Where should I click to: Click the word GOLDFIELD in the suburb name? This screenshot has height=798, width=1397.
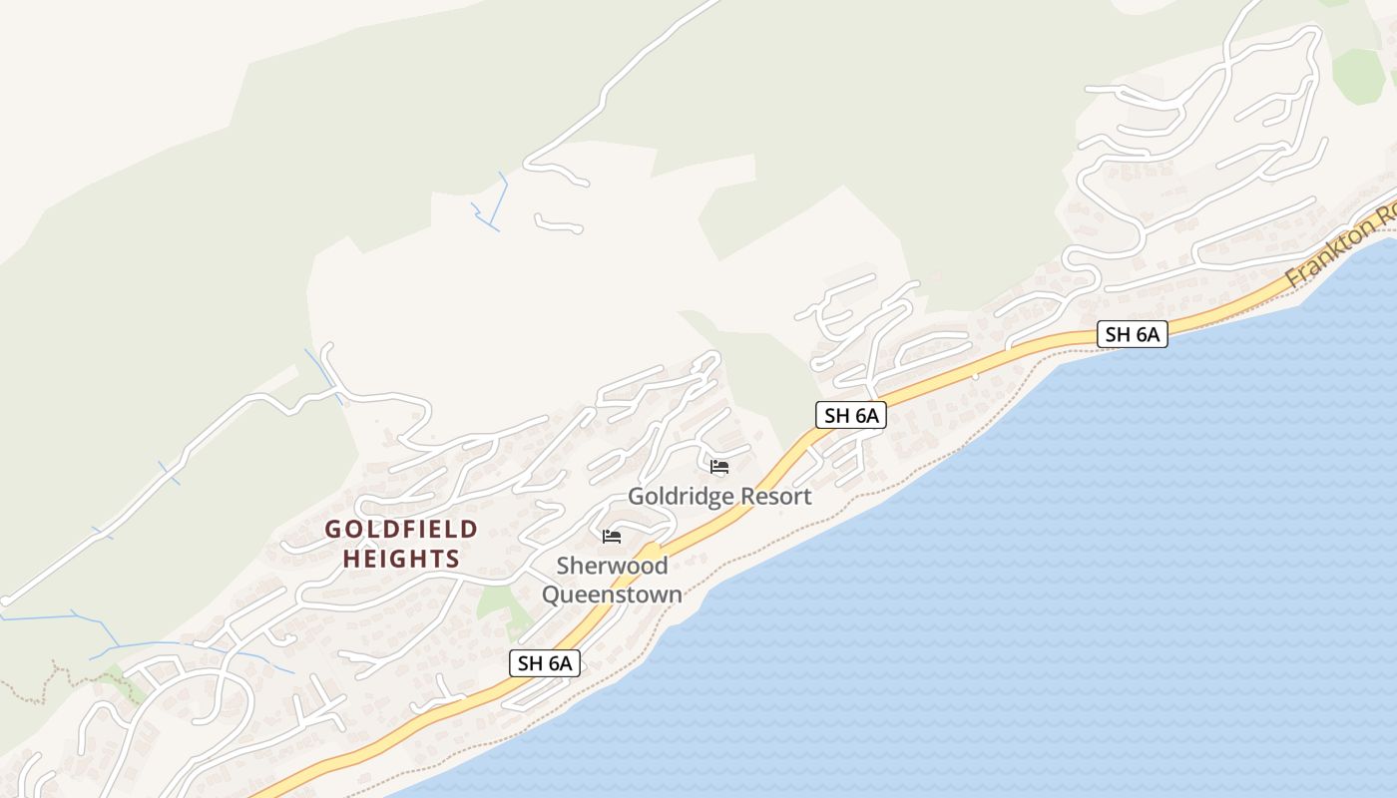point(401,530)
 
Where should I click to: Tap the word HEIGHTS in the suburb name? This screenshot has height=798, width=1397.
point(401,559)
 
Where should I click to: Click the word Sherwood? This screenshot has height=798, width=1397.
point(612,566)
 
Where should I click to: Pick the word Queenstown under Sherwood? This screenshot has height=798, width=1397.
point(612,595)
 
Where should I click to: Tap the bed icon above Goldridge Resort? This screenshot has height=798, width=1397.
point(719,466)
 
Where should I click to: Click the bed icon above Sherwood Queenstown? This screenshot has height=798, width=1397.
point(612,537)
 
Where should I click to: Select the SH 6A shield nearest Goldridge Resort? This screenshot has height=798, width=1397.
point(851,415)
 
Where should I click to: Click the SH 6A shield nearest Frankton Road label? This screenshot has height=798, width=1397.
point(1133,334)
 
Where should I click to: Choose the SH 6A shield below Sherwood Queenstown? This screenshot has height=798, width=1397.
point(545,662)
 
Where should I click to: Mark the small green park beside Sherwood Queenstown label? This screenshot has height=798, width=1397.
point(496,601)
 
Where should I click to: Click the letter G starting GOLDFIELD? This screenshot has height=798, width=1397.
point(333,530)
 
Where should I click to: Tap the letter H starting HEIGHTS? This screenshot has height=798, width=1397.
point(351,559)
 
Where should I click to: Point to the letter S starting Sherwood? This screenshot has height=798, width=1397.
point(563,566)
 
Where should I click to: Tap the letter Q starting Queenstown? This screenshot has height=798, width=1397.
point(550,595)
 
